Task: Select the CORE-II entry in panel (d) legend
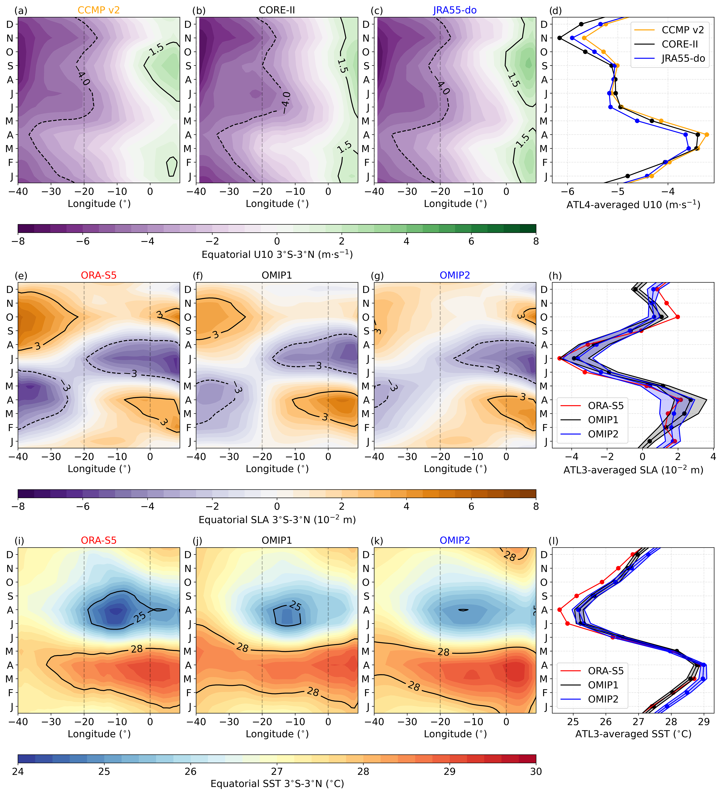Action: (x=680, y=44)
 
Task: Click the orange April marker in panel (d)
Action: (x=707, y=135)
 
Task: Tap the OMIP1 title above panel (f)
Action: (x=277, y=275)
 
